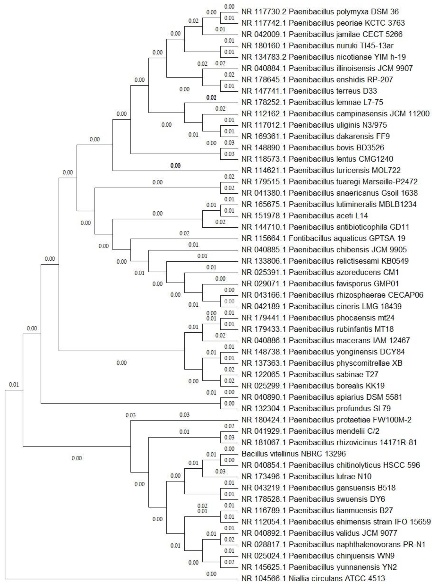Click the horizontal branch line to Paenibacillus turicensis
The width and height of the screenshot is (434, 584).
[176, 171]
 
